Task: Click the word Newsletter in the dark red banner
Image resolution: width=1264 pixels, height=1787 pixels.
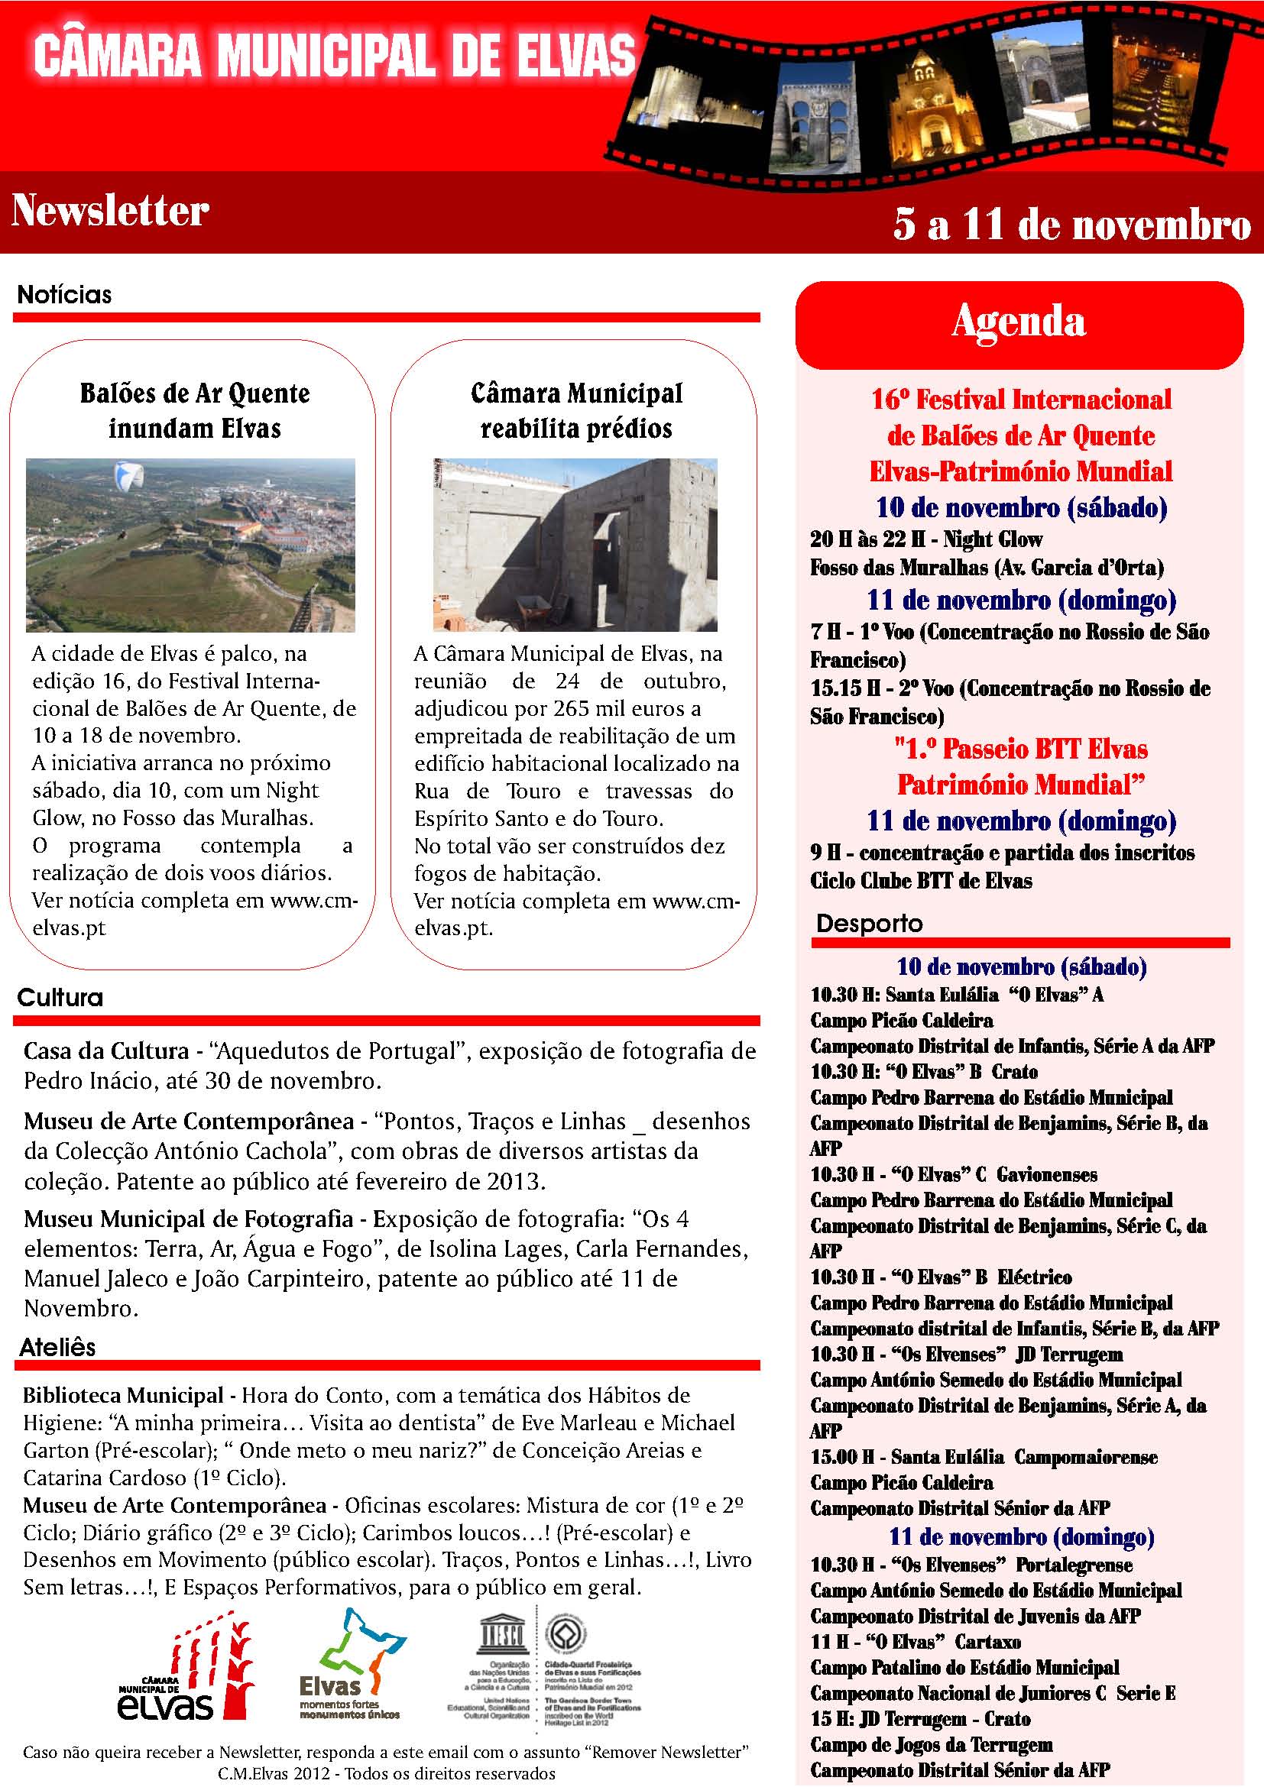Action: pos(110,210)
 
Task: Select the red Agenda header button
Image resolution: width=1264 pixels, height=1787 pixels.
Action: pos(1018,324)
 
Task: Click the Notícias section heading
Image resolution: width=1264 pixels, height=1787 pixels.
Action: pos(65,295)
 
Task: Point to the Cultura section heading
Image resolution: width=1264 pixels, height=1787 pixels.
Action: pos(60,998)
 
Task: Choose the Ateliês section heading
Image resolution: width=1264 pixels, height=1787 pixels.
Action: pos(57,1347)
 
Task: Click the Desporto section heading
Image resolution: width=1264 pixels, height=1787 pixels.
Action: pos(869,924)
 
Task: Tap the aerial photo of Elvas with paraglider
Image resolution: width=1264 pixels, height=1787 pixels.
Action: pos(191,545)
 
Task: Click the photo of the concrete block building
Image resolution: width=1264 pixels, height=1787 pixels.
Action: pos(575,545)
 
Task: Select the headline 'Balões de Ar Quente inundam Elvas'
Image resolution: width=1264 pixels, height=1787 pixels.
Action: pos(195,410)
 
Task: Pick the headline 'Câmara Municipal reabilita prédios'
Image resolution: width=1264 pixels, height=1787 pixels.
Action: pos(576,410)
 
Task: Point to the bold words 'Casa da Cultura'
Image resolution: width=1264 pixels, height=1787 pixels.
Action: pos(106,1051)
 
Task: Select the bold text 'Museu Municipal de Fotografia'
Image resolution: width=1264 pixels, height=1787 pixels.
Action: pos(188,1219)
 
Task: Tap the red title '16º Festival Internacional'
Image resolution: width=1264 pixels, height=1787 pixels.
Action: pos(1020,400)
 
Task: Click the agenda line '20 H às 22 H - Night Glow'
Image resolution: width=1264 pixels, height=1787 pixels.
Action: pos(925,539)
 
